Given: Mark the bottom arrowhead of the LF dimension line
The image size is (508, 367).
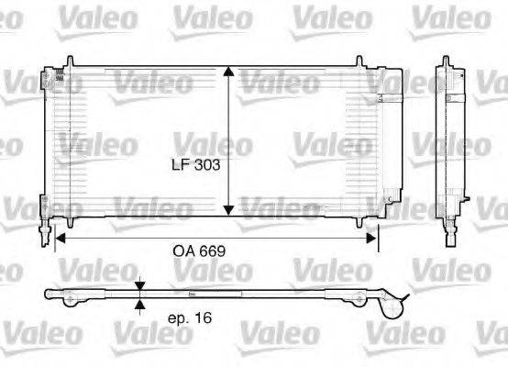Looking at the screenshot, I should (230, 212).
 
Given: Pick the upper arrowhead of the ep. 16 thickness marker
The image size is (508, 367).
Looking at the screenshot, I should (139, 287).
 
